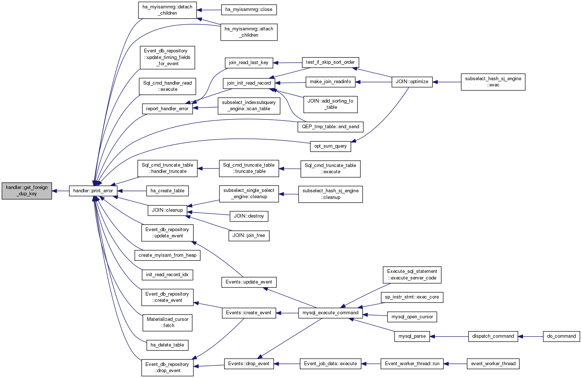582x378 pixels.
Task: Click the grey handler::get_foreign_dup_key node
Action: click(27, 191)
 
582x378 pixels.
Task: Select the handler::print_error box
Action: click(93, 191)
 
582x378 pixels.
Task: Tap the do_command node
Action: click(561, 337)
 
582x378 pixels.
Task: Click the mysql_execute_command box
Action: click(330, 313)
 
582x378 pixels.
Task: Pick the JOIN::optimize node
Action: click(412, 82)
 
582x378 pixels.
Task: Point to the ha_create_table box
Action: click(167, 191)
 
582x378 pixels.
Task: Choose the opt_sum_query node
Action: click(330, 147)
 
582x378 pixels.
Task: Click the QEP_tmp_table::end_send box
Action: click(330, 127)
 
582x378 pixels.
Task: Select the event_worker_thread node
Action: click(493, 364)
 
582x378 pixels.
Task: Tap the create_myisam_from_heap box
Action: click(167, 255)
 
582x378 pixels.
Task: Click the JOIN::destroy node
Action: click(249, 216)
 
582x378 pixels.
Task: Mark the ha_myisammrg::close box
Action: click(249, 10)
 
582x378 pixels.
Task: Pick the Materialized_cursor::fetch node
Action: click(167, 323)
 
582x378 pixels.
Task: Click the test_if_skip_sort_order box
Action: click(330, 62)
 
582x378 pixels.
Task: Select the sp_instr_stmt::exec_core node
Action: click(412, 297)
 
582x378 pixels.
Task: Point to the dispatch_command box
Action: click(493, 337)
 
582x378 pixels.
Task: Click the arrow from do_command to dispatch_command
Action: click(530, 337)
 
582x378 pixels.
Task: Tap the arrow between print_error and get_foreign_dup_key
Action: click(60, 191)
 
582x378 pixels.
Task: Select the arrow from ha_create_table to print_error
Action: click(132, 191)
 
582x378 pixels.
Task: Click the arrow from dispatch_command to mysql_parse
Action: click(449, 337)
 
